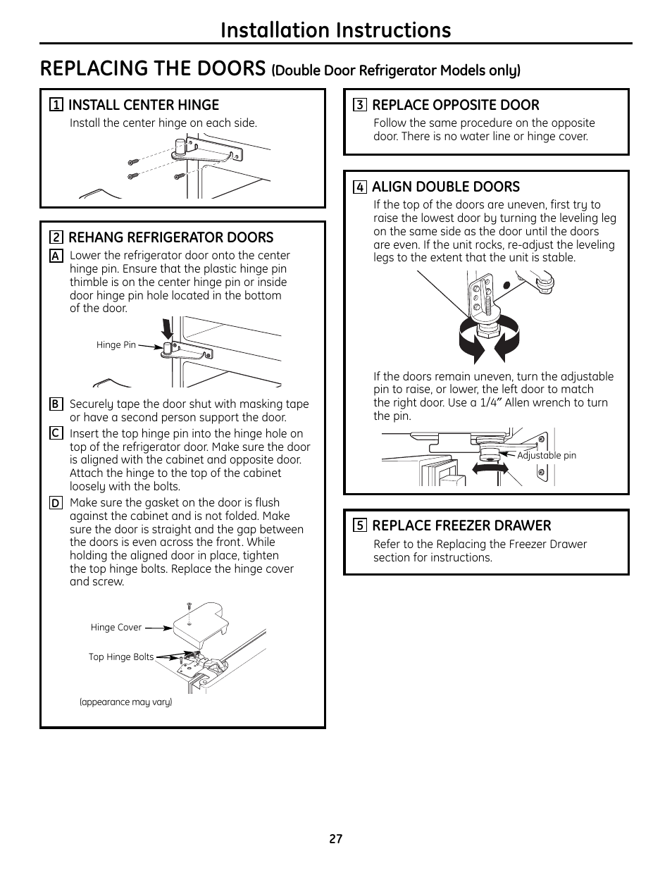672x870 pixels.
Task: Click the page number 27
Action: [x=335, y=839]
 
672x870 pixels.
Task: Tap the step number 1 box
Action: [x=56, y=106]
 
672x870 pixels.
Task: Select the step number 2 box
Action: [x=56, y=237]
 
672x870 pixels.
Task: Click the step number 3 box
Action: [x=359, y=106]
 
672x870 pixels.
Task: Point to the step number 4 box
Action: [x=359, y=187]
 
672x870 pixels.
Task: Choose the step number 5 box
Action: [x=359, y=526]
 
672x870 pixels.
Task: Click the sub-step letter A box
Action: [x=56, y=256]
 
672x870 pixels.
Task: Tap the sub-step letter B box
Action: [x=56, y=404]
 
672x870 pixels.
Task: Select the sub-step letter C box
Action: [x=56, y=434]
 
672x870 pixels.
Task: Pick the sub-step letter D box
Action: [x=56, y=503]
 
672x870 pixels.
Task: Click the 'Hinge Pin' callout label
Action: [x=116, y=345]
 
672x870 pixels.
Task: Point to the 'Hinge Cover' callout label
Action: [x=116, y=627]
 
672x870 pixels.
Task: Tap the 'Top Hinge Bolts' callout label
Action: [x=121, y=657]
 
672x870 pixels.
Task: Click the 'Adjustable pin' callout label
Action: [x=547, y=455]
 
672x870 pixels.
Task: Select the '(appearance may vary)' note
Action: [x=125, y=702]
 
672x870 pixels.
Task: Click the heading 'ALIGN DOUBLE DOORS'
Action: [x=446, y=187]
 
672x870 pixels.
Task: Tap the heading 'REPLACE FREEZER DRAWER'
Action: [x=461, y=526]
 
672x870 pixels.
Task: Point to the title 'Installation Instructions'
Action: [x=335, y=30]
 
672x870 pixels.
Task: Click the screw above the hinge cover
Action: [x=189, y=607]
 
